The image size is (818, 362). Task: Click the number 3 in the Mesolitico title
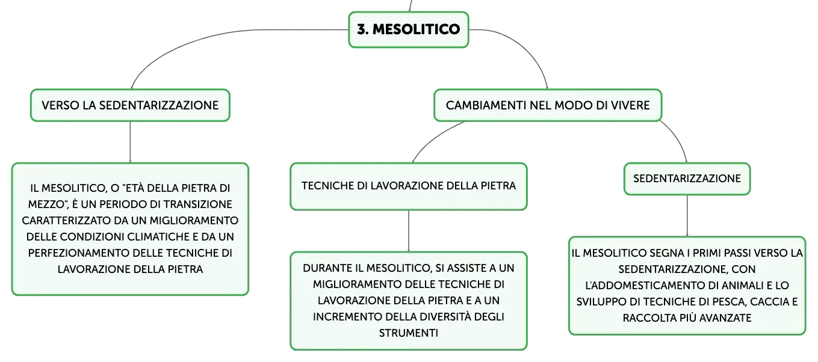(x=362, y=29)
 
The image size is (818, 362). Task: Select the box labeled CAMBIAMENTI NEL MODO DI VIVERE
(x=548, y=105)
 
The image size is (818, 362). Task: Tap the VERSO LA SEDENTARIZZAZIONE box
(x=130, y=105)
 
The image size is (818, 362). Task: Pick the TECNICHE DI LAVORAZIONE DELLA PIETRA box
(x=409, y=186)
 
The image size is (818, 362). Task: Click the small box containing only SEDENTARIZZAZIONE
(x=687, y=179)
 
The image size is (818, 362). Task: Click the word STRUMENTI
(x=408, y=333)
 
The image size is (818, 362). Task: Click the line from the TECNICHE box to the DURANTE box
(x=409, y=231)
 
